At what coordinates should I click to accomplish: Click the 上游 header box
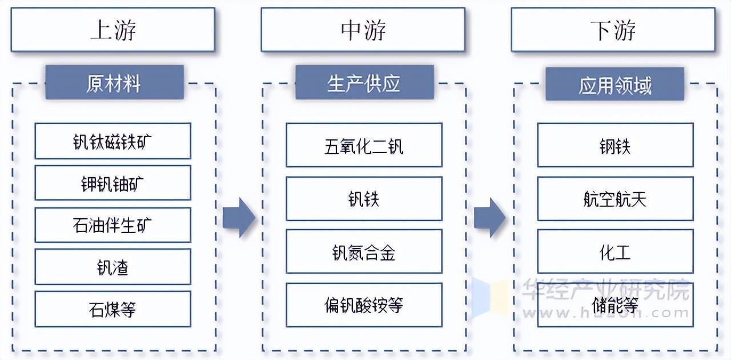[113, 30]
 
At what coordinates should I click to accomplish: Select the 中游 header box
[363, 30]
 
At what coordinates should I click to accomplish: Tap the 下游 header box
[613, 30]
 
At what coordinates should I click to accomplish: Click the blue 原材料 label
[114, 83]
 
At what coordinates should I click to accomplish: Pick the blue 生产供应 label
[364, 83]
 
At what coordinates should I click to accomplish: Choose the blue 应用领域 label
[614, 85]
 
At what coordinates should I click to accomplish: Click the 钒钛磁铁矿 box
[113, 141]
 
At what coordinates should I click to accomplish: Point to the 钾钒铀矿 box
[113, 183]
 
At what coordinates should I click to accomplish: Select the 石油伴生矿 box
[113, 225]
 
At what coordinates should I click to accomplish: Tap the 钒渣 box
[113, 266]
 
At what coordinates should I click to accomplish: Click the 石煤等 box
[113, 309]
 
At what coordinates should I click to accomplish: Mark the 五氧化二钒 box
[364, 145]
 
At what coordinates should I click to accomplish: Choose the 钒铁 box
[364, 198]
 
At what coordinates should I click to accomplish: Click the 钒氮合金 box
[364, 251]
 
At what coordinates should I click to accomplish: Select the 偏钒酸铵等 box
[364, 305]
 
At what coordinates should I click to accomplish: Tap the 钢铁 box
[615, 145]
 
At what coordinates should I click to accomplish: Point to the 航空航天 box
[615, 198]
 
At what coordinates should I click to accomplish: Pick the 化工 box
[615, 251]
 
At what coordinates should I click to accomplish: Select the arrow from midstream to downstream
[489, 217]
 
